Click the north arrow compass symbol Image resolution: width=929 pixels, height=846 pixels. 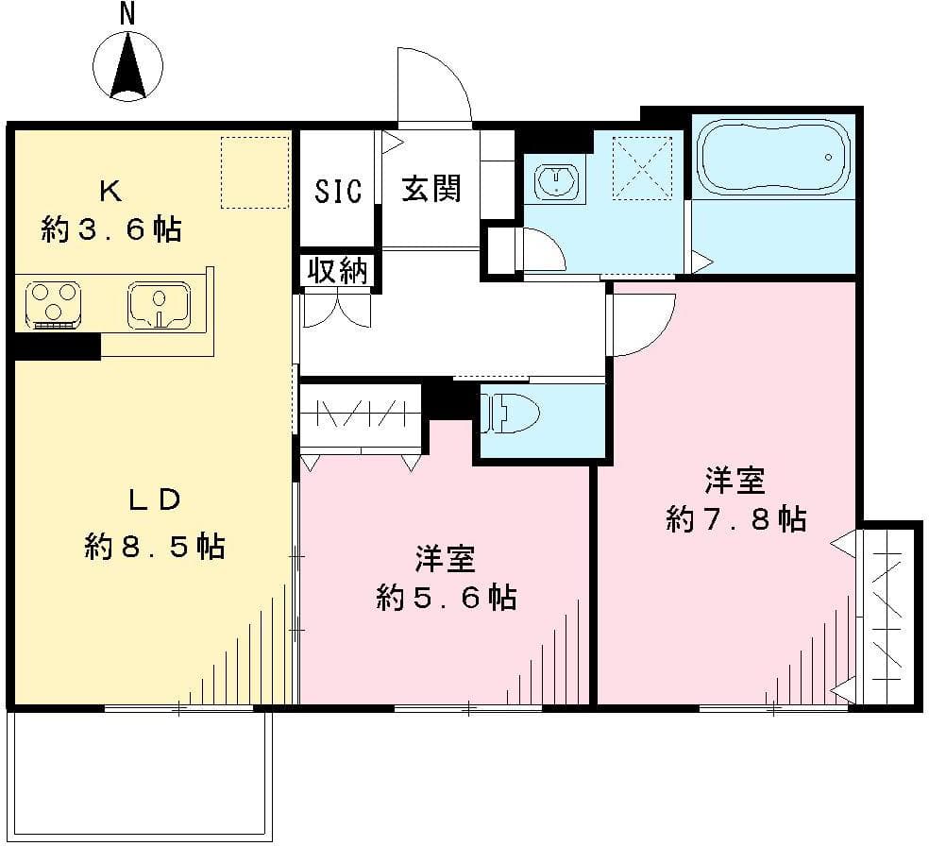128,65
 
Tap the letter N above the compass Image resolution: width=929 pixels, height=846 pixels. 127,13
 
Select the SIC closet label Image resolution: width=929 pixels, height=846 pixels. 338,192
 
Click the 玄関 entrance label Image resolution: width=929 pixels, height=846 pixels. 431,189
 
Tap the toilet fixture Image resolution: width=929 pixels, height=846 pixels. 510,414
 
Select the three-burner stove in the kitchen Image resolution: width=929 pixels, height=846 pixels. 52,304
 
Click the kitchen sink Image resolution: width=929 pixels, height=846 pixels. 160,305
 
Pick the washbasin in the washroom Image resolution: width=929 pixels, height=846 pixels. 557,182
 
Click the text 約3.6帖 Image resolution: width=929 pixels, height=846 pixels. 111,228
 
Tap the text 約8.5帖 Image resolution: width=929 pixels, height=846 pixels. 155,546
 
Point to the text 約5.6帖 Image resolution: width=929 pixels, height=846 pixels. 446,597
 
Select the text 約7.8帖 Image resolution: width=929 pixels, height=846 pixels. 735,518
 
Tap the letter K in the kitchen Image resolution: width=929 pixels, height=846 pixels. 110,192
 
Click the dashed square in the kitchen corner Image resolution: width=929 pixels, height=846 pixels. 255,172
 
